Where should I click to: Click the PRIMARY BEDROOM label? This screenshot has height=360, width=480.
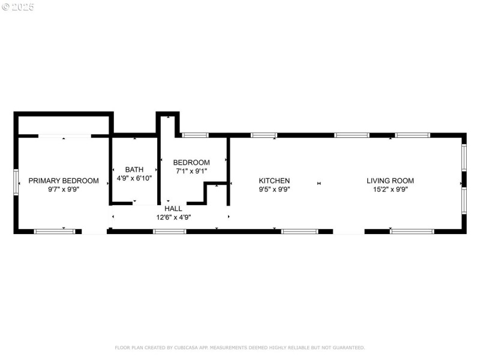tap(63, 181)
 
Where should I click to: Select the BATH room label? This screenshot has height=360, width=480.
tap(134, 170)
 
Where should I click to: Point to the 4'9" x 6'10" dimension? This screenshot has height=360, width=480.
tap(134, 178)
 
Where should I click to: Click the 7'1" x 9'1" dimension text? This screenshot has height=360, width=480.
tap(191, 171)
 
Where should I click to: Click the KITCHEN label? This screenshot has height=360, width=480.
tap(274, 181)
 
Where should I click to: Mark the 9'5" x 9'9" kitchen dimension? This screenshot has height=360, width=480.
tap(274, 189)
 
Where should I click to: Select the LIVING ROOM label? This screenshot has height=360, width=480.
tap(390, 181)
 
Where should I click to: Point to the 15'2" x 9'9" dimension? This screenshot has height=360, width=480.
tap(390, 189)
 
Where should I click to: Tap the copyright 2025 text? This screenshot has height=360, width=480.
tap(17, 7)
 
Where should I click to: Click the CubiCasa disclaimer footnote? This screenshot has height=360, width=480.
tap(239, 347)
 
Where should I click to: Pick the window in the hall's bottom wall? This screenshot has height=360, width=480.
tap(169, 231)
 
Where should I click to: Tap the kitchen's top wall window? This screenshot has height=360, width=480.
tap(264, 135)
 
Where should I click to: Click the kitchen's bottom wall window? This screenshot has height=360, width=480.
tap(299, 231)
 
